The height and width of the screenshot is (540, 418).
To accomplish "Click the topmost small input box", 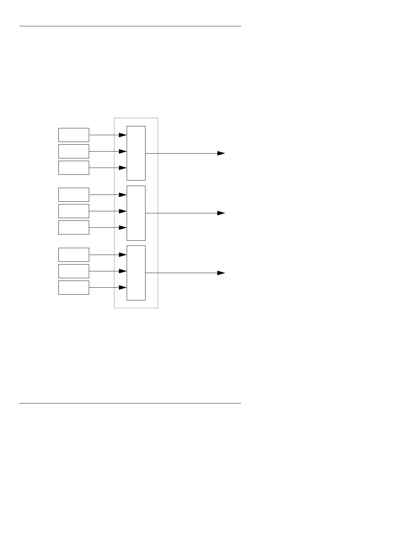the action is pos(74,135).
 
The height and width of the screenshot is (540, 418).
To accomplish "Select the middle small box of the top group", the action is pos(74,151).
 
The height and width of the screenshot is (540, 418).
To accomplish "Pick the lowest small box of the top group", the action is pos(74,168).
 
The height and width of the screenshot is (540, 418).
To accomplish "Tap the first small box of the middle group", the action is pos(74,195).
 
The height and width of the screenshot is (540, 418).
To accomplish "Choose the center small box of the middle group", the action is pos(74,211).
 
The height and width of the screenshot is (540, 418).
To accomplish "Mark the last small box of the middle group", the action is pos(74,227).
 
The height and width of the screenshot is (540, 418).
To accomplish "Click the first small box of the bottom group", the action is pos(74,255).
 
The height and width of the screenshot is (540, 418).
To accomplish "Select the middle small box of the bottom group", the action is pos(74,271).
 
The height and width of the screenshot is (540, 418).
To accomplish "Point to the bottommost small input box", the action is pos(74,287).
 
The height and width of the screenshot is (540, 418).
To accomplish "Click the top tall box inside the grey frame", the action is pos(136,153).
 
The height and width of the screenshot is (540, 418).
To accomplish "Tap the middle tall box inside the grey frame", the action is pos(136,213).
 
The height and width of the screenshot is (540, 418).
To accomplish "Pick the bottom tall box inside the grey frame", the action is pos(136,273).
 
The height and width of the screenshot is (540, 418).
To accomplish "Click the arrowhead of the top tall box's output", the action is pos(221,153).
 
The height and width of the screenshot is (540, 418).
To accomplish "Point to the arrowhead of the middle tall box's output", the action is pos(221,213).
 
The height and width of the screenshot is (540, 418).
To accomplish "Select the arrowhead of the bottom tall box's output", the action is pos(221,273).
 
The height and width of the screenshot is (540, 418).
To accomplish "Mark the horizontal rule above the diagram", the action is pos(130,26).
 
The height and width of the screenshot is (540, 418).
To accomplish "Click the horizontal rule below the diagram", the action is pos(130,403).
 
